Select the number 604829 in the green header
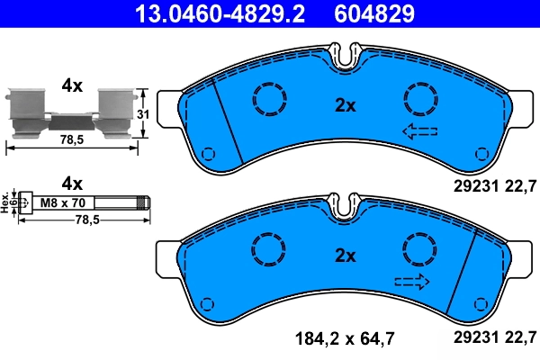tap(375, 13)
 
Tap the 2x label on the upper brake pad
tap(346, 104)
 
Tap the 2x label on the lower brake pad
tap(346, 256)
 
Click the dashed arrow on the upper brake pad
tap(419, 132)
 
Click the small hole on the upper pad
tap(209, 152)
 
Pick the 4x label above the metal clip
tap(71, 85)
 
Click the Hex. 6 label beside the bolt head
tap(8, 202)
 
